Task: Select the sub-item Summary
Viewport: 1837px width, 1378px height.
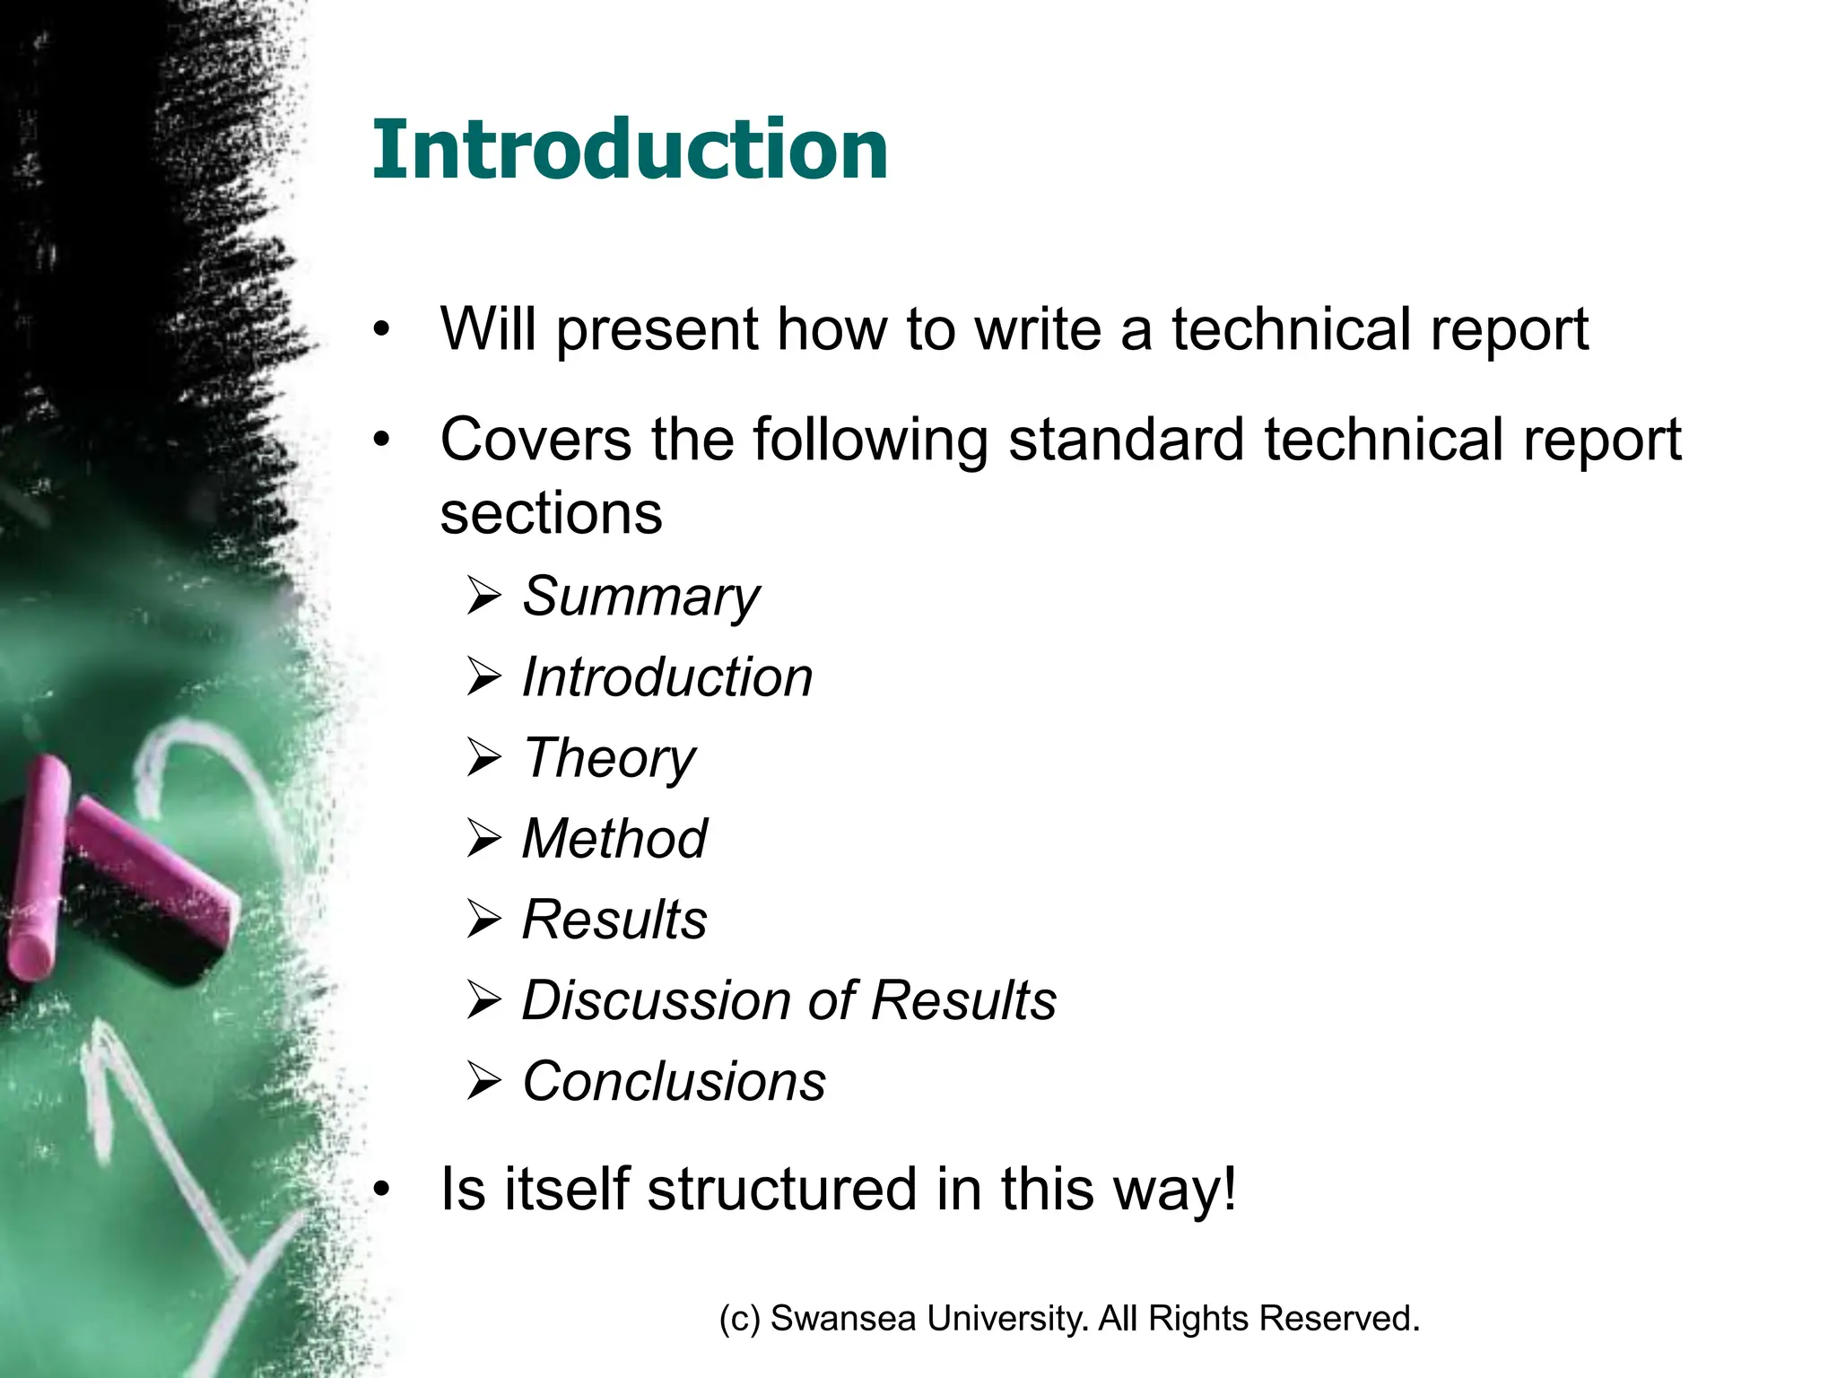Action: pyautogui.click(x=640, y=597)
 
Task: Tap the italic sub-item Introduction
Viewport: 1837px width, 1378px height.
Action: pyautogui.click(x=667, y=677)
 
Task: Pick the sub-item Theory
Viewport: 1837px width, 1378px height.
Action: pyautogui.click(x=609, y=758)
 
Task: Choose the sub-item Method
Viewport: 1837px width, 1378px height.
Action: pyautogui.click(x=614, y=839)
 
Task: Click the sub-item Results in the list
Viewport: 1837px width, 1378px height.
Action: pyautogui.click(x=614, y=920)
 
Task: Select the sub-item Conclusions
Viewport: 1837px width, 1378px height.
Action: pyautogui.click(x=674, y=1081)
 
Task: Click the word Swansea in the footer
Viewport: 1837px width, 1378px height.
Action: pyautogui.click(x=843, y=1319)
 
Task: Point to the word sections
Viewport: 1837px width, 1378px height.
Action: pyautogui.click(x=551, y=513)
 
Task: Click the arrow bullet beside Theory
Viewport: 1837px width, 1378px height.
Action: pyautogui.click(x=484, y=759)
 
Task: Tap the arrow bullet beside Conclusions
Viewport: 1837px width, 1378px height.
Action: pyautogui.click(x=484, y=1082)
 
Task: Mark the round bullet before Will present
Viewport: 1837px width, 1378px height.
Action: pyautogui.click(x=383, y=330)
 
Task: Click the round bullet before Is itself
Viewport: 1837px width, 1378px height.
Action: pyautogui.click(x=383, y=1190)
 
